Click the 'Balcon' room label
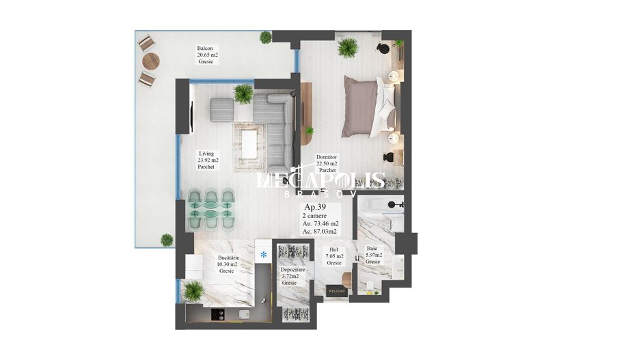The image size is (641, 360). pyautogui.click(x=205, y=49)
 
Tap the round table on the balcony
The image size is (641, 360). pyautogui.click(x=150, y=61)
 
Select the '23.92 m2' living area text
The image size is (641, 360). pyautogui.click(x=208, y=160)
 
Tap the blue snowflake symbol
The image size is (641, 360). pyautogui.click(x=264, y=255)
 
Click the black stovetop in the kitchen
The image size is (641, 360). pyautogui.click(x=217, y=315)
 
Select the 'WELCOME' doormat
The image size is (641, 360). pyautogui.click(x=337, y=291)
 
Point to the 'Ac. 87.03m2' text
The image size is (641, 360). pyautogui.click(x=320, y=232)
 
